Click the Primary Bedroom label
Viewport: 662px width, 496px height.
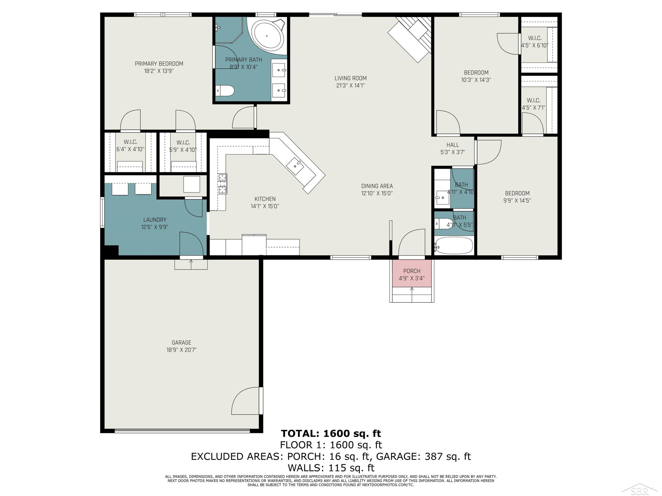pyautogui.click(x=159, y=64)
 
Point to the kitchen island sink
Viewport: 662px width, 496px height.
pyautogui.click(x=295, y=166)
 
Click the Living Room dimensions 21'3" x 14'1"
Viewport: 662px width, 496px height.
pyautogui.click(x=350, y=86)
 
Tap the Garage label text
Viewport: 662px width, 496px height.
pyautogui.click(x=181, y=343)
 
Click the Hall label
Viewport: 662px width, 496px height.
pyautogui.click(x=453, y=145)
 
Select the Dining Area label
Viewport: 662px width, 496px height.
pyautogui.click(x=377, y=186)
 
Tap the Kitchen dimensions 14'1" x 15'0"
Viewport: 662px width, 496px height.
pyautogui.click(x=265, y=206)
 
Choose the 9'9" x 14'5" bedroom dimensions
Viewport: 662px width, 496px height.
pyautogui.click(x=517, y=201)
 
